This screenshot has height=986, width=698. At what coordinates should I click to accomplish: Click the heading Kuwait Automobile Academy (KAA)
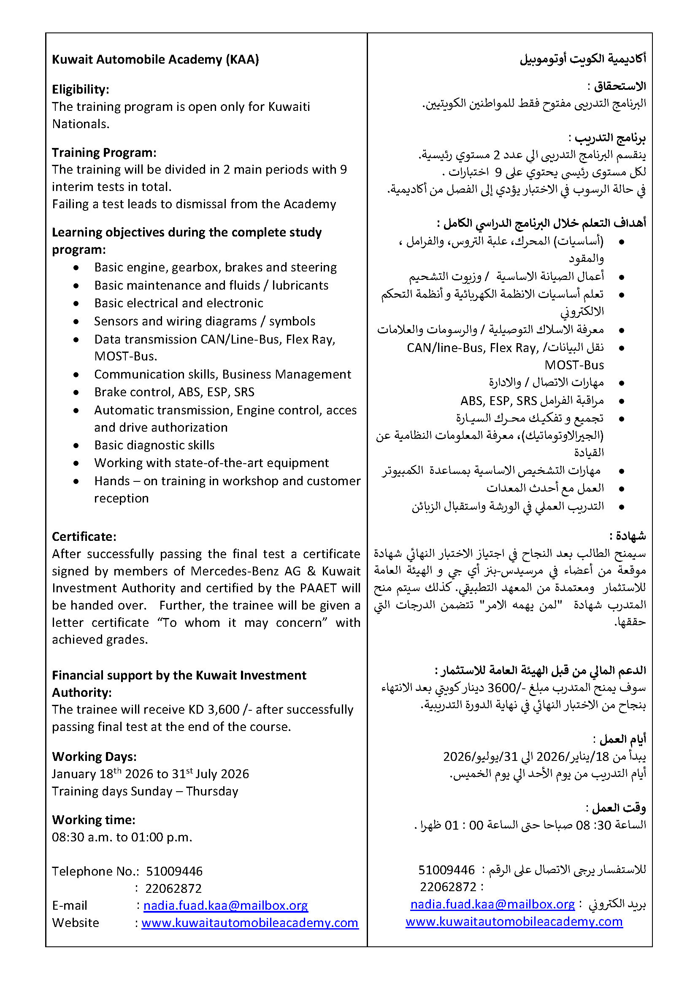(155, 59)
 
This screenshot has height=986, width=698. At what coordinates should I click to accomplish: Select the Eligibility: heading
(80, 89)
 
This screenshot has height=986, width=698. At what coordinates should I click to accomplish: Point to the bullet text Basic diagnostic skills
(154, 445)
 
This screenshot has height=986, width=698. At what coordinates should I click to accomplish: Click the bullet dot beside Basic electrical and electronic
(76, 304)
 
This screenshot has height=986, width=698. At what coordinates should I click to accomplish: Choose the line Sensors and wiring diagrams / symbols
(205, 321)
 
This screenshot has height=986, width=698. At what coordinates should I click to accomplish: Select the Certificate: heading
(84, 537)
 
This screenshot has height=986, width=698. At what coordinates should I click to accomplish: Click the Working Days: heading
(94, 757)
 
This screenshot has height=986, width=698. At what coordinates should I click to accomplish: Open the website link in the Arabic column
(514, 922)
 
